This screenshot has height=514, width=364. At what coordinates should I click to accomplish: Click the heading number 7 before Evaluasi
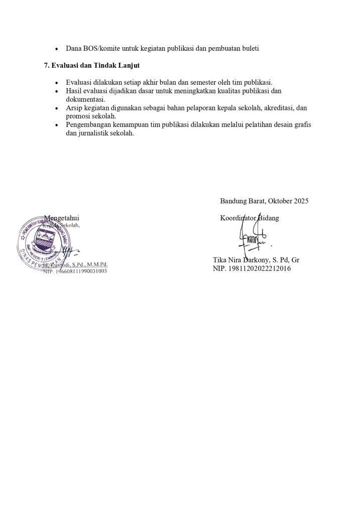[x=46, y=66]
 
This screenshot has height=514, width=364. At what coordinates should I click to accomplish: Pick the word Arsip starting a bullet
[x=75, y=108]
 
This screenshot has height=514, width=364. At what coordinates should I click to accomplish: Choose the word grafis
[x=301, y=125]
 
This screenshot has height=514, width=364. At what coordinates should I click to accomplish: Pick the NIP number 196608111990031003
[x=79, y=271]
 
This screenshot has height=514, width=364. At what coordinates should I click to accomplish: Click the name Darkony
[x=255, y=261]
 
